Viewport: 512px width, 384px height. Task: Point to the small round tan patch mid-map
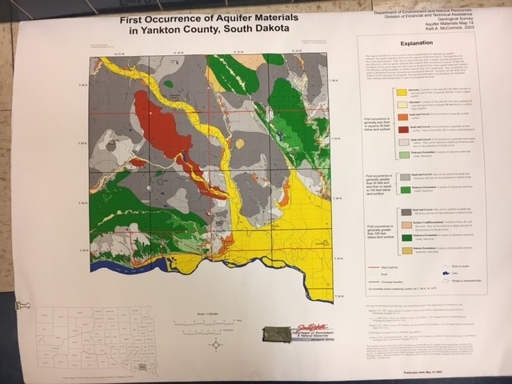coord(239,142)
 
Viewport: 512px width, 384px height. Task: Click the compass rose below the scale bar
coord(215,343)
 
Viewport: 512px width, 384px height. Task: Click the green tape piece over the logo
coord(278,334)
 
